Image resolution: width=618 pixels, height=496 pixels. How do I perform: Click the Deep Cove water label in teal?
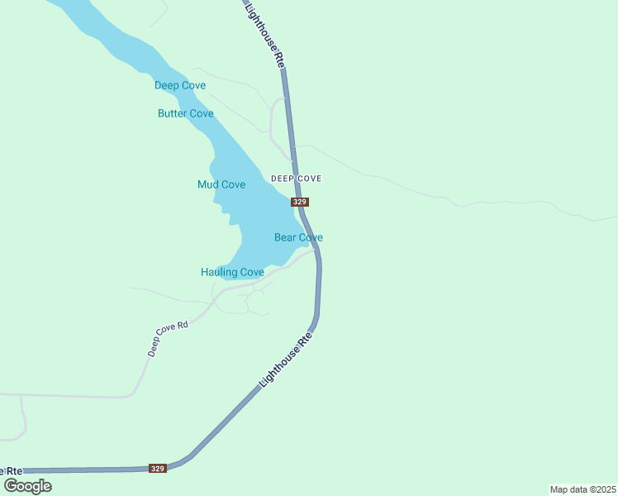pyautogui.click(x=180, y=85)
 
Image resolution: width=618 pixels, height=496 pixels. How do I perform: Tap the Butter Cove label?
pyautogui.click(x=186, y=113)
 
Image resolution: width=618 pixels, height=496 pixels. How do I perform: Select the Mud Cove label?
pyautogui.click(x=221, y=184)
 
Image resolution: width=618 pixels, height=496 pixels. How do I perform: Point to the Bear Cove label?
pyautogui.click(x=298, y=237)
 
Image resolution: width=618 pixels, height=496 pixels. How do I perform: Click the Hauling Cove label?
pyautogui.click(x=232, y=272)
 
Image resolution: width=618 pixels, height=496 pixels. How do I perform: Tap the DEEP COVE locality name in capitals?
pyautogui.click(x=296, y=179)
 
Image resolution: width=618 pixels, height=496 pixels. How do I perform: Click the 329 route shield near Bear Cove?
pyautogui.click(x=300, y=202)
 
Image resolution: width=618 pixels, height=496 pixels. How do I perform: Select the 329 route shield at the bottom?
pyautogui.click(x=158, y=468)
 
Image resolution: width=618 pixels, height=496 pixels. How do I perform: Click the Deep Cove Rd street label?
pyautogui.click(x=169, y=339)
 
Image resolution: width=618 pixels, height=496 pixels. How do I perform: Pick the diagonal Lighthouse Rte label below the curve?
pyautogui.click(x=287, y=360)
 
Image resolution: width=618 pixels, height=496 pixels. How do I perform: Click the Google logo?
pyautogui.click(x=27, y=485)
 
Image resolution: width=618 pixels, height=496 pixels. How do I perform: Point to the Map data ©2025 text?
pyautogui.click(x=582, y=489)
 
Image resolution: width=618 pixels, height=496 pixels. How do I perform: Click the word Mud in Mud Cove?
pyautogui.click(x=208, y=184)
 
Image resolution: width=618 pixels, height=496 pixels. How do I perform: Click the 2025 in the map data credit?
pyautogui.click(x=604, y=489)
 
